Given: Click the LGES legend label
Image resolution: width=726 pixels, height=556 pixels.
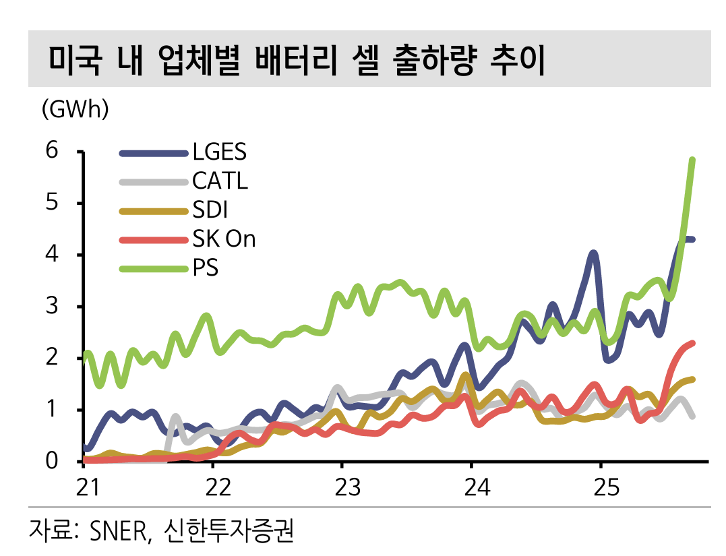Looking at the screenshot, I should pyautogui.click(x=219, y=152).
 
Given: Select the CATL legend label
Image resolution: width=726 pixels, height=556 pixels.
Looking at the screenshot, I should pyautogui.click(x=220, y=181).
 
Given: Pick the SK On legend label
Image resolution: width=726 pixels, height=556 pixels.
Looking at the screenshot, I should pyautogui.click(x=224, y=239).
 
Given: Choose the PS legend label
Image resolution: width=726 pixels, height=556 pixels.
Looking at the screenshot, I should pyautogui.click(x=205, y=269).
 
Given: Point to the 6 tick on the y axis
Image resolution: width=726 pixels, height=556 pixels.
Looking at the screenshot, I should pyautogui.click(x=52, y=150).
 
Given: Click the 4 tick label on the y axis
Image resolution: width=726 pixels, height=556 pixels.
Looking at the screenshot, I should pyautogui.click(x=52, y=254).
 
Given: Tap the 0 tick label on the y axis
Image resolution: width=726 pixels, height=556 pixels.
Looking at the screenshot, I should pyautogui.click(x=52, y=461).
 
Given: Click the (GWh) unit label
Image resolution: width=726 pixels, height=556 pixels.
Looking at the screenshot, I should pyautogui.click(x=75, y=109).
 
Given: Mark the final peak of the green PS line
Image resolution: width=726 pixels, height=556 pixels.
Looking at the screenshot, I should pyautogui.click(x=692, y=160).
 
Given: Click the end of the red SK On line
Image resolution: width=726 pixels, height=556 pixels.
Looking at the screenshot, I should pyautogui.click(x=692, y=344).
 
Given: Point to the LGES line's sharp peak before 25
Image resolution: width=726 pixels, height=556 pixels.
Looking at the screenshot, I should pyautogui.click(x=593, y=253).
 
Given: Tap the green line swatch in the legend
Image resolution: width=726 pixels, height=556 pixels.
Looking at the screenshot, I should pyautogui.click(x=153, y=269).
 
